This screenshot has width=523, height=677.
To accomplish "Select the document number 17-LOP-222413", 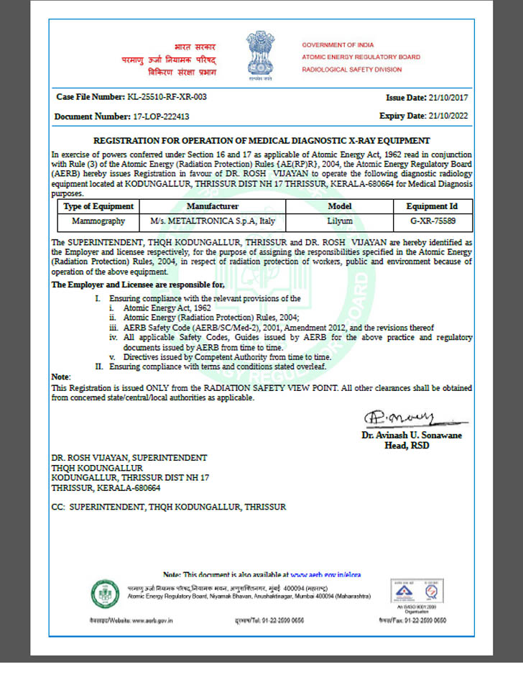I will point(156,116).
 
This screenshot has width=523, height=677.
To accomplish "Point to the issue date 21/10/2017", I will point(447,97).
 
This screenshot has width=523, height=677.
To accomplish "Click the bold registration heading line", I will point(261,140).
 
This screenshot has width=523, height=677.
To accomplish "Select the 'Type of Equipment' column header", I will point(94,206).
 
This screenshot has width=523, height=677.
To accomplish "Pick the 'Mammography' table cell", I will point(94,221).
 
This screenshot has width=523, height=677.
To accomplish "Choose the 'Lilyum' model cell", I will point(340,221).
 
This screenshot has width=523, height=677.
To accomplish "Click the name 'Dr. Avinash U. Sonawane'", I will point(412,436).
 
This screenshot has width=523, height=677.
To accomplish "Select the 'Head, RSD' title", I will point(412,446).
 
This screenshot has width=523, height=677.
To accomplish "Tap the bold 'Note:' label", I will point(61,377).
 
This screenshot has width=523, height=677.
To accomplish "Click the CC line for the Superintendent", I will point(168,507).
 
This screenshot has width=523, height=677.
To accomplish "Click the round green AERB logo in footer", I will point(104,594).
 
